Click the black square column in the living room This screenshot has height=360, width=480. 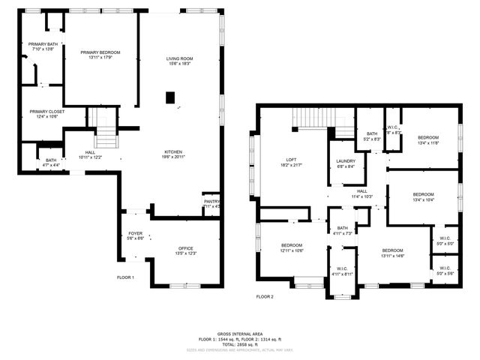(x=170, y=96)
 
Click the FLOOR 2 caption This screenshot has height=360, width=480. (x=265, y=296)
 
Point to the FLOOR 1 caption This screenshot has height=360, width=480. (x=125, y=277)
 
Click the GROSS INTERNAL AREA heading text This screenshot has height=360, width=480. (x=240, y=333)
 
